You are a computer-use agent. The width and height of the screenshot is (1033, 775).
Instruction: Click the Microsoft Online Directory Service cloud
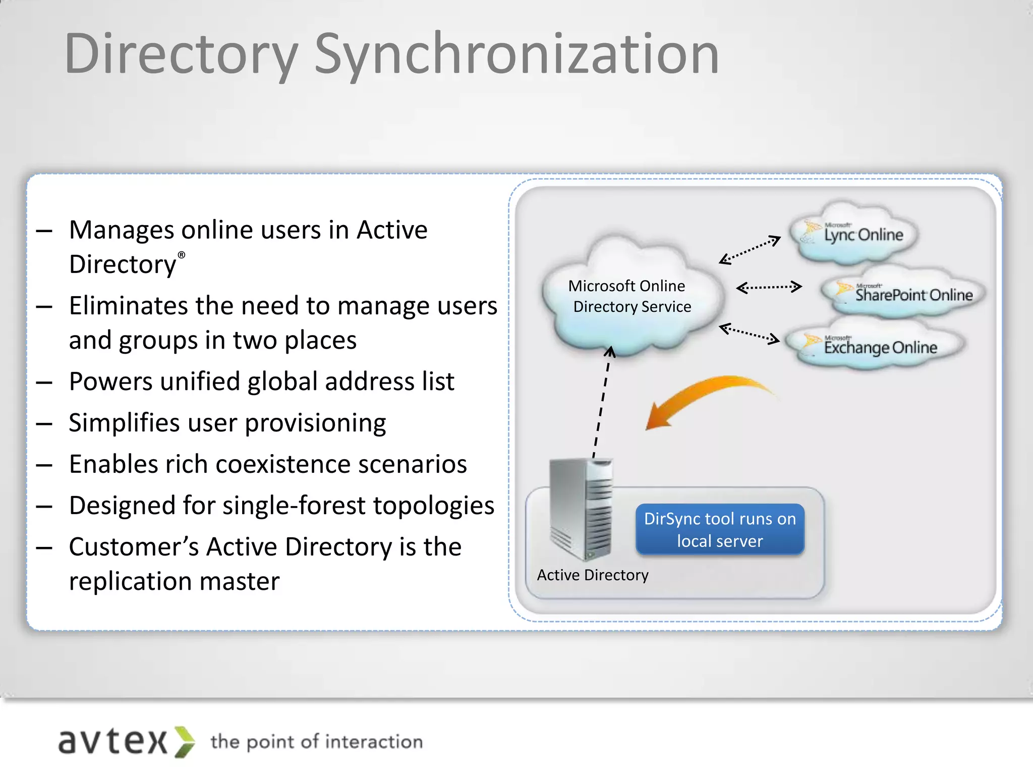pos(630,298)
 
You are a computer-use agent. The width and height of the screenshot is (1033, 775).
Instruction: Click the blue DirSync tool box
pos(720,529)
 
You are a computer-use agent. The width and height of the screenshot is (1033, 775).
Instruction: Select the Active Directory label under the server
pos(593,575)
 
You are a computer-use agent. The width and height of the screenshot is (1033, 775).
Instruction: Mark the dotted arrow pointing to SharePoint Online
pos(769,288)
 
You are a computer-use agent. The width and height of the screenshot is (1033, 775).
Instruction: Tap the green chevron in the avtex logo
pos(185,742)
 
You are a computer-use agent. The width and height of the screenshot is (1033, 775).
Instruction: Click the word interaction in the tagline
pos(374,742)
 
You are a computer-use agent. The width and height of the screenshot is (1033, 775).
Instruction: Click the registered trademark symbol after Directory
pos(182,255)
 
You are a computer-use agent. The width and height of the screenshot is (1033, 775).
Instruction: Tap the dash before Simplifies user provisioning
pos(44,424)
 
